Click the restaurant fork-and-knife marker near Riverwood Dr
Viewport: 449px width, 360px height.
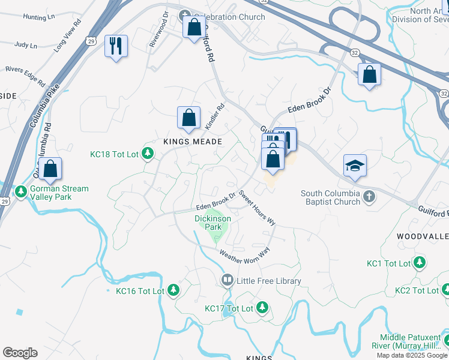116,46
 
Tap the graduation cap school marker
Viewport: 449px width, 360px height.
355,166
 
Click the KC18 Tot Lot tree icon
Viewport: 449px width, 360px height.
148,154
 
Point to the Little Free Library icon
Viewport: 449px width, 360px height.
228,280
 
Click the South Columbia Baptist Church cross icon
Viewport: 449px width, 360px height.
369,196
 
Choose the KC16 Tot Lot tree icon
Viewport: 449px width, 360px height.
173,290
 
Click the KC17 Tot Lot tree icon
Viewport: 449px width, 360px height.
262,308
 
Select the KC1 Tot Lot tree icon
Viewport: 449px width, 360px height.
420,263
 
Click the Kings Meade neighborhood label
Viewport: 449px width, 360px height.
193,142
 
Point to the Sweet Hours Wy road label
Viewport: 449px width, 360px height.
257,208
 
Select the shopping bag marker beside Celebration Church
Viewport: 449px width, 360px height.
194,27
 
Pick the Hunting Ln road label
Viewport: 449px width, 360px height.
38,18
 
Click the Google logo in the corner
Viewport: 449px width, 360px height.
20,353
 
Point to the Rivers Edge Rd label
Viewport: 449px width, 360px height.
26,74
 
